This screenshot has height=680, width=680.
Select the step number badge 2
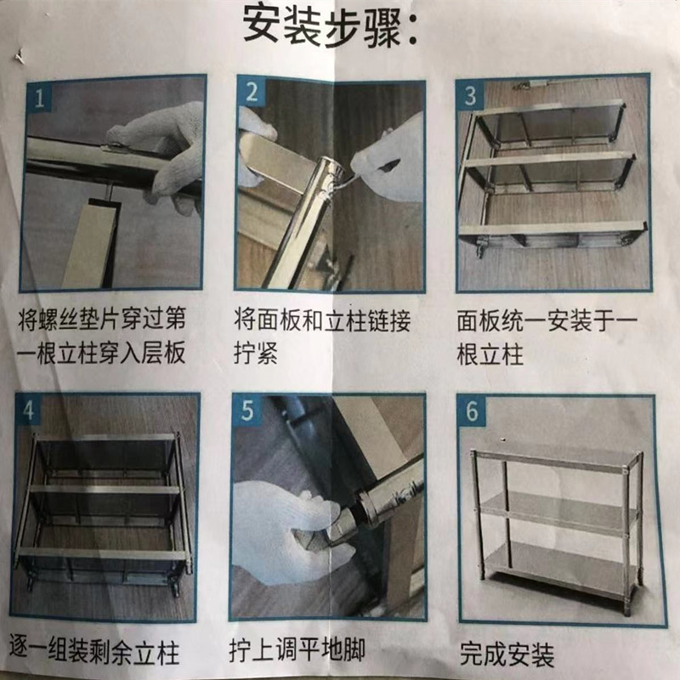click(x=252, y=93)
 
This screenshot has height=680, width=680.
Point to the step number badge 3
click(x=471, y=94)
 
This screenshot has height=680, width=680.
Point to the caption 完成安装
click(x=507, y=654)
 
